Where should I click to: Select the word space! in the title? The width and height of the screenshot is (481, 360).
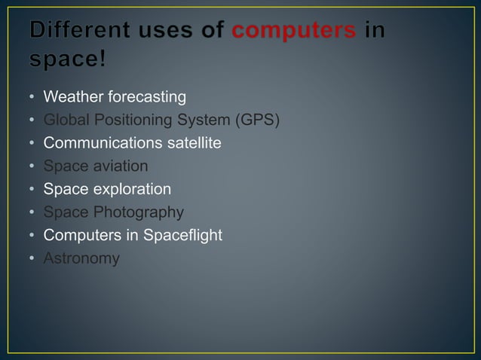tap(69, 60)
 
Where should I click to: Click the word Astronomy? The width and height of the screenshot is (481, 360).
tap(81, 258)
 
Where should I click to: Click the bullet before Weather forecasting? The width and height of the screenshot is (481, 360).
tap(32, 98)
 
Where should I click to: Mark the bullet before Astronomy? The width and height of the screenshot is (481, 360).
tap(32, 259)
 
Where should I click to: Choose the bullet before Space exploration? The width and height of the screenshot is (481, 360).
tap(32, 190)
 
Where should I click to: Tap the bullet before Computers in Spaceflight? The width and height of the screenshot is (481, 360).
tap(32, 236)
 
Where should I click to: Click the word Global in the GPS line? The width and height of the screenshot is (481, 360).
tap(65, 120)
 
